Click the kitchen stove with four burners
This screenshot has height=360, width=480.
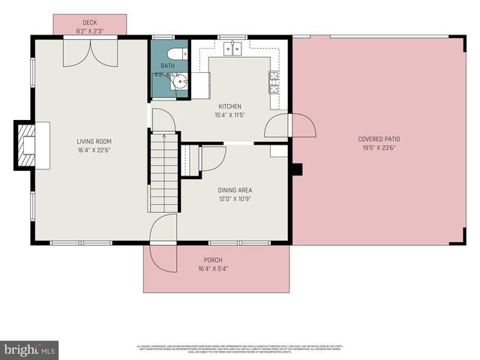tap(274, 80)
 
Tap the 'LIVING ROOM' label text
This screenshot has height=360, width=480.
tap(94, 140)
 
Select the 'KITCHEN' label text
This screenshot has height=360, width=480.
tap(231, 106)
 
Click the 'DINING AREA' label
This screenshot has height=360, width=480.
tap(235, 190)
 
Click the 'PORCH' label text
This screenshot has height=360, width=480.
tap(213, 259)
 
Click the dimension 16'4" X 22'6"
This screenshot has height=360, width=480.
tap(94, 149)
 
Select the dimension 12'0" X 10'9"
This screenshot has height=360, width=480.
tap(235, 199)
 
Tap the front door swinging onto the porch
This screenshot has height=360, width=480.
tap(163, 247)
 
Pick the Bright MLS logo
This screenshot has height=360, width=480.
tap(30, 349)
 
